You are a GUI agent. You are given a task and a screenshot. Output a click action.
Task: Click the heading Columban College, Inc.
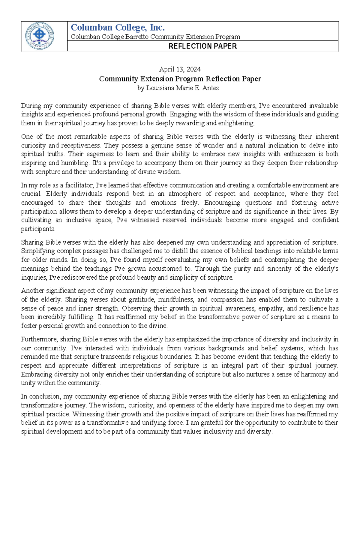pyautogui.click(x=118, y=28)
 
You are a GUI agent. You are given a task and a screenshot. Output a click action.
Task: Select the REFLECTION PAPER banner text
pyautogui.click(x=202, y=46)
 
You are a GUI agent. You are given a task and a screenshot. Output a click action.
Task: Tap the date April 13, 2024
pyautogui.click(x=180, y=70)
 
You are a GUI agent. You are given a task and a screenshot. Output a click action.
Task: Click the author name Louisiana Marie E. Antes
pyautogui.click(x=182, y=88)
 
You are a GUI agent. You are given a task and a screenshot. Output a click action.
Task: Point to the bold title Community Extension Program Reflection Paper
pyautogui.click(x=180, y=79)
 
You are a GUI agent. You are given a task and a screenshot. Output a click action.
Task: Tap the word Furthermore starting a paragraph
pyautogui.click(x=39, y=339)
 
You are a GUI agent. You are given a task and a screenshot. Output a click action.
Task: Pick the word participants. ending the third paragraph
pyautogui.click(x=38, y=229)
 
